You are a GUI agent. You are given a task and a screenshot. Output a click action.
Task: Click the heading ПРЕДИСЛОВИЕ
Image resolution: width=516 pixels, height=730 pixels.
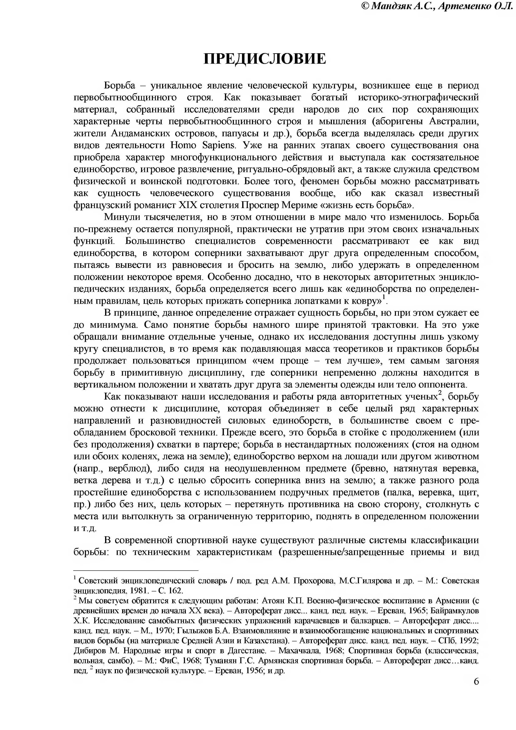click(264, 59)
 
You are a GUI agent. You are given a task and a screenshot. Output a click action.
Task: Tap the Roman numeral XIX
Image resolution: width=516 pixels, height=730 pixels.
click(189, 205)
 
